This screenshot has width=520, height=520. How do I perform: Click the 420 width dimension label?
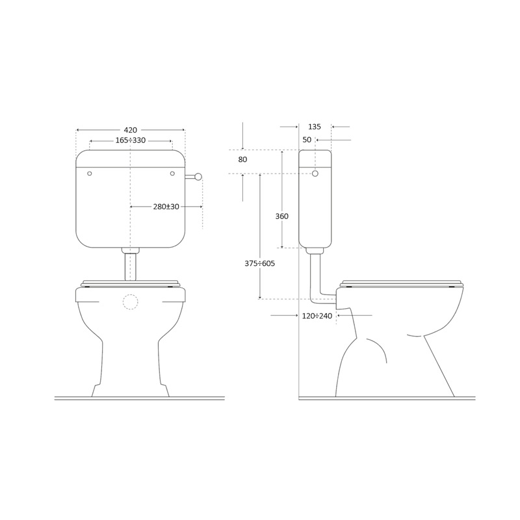coord(131,130)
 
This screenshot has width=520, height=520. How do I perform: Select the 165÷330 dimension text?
coord(131,140)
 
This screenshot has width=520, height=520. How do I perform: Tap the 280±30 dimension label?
coord(166,207)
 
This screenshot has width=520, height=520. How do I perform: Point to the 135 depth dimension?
coord(315,127)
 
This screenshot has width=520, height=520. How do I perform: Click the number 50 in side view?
coord(307,140)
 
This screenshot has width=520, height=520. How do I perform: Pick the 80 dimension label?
coord(242,159)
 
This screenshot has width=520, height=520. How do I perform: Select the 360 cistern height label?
coord(282,216)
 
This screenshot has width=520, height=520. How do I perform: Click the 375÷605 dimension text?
coord(259,264)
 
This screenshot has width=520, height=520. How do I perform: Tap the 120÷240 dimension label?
coord(317,316)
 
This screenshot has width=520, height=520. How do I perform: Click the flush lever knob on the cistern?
coord(198,176)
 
